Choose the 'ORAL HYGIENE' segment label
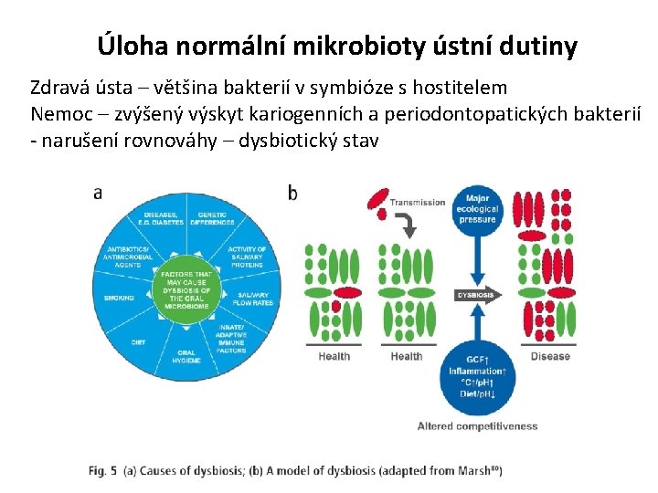[186, 356]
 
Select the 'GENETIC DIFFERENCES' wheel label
[212, 220]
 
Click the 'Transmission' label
[418, 202]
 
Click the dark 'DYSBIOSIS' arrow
[479, 296]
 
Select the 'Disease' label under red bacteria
[550, 356]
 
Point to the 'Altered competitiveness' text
[477, 426]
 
